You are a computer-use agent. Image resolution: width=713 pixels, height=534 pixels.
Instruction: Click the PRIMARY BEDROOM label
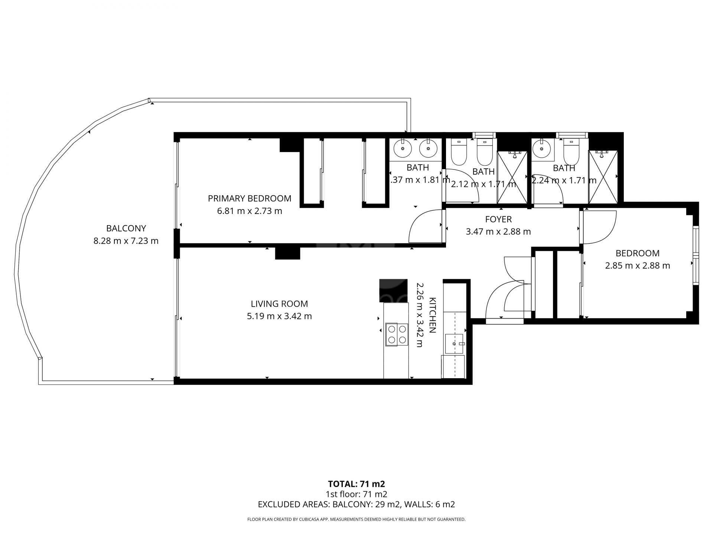250,198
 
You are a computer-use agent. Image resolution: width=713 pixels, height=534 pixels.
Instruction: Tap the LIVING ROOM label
279,304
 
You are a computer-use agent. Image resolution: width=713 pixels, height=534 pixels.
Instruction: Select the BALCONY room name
126,228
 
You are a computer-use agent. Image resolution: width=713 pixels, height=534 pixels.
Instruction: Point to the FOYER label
498,219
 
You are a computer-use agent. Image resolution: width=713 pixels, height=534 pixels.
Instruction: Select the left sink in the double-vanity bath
403,149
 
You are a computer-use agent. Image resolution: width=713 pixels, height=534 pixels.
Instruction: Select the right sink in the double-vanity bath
428,149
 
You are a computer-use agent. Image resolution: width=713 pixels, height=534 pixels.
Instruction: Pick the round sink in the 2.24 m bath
542,149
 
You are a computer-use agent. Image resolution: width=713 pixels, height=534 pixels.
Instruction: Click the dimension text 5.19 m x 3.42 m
279,316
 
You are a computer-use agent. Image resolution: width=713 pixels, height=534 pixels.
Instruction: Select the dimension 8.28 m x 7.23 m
126,241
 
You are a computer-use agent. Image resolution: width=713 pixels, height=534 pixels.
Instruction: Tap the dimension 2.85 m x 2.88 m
638,266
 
